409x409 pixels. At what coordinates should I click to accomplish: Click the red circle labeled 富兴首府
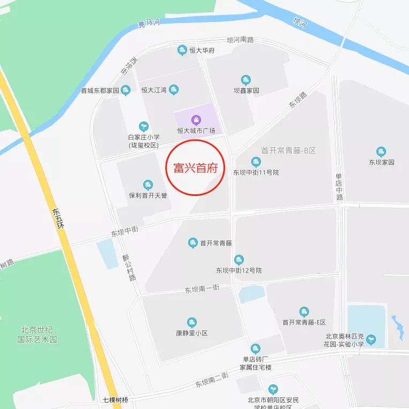pyautogui.click(x=196, y=167)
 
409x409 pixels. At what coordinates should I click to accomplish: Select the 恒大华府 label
pyautogui.click(x=202, y=51)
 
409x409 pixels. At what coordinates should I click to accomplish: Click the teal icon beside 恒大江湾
pyautogui.click(x=173, y=90)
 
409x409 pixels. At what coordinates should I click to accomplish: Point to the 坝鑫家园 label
pyautogui.click(x=246, y=91)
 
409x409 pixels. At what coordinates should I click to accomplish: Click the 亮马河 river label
pyautogui.click(x=149, y=23)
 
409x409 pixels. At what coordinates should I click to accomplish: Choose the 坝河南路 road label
pyautogui.click(x=240, y=40)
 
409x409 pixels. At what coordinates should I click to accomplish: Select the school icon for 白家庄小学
pyautogui.click(x=143, y=126)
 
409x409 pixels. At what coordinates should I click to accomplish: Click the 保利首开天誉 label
pyautogui.click(x=148, y=195)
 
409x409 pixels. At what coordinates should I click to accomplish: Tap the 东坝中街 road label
pyautogui.click(x=125, y=232)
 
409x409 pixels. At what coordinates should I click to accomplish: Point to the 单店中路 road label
pyautogui.click(x=339, y=187)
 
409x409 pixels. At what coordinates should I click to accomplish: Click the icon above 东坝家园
pyautogui.click(x=381, y=152)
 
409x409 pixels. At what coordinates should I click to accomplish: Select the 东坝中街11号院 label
pyautogui.click(x=256, y=172)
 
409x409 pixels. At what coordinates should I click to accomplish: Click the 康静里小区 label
pyautogui.click(x=191, y=333)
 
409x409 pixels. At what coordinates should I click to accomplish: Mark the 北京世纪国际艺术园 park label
pyautogui.click(x=37, y=335)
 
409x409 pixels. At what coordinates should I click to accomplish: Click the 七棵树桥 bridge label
pyautogui.click(x=116, y=400)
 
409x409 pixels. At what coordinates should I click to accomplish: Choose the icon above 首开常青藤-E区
pyautogui.click(x=304, y=312)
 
